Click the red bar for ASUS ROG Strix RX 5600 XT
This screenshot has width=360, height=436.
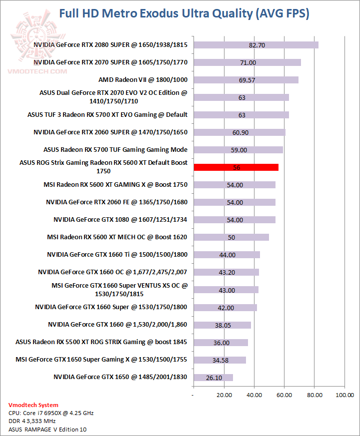tap(235, 167)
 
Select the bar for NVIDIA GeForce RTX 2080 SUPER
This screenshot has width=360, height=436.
tap(255, 45)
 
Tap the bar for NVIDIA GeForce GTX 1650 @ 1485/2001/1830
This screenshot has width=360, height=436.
tap(213, 377)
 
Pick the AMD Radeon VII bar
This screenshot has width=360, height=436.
tap(245, 80)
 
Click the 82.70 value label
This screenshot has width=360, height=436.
tap(256, 45)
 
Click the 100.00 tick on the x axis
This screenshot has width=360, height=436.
tap(344, 396)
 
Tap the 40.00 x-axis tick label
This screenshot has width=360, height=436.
tap(254, 396)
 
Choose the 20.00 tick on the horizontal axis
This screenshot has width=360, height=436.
tap(224, 396)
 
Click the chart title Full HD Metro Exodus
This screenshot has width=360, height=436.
tap(183, 13)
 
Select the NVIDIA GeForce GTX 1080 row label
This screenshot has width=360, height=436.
tap(120, 220)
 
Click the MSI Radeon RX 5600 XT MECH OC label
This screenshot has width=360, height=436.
tap(117, 237)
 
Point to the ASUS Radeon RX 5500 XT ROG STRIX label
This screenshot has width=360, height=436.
tap(101, 342)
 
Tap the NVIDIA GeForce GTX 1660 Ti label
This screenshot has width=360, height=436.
tap(117, 255)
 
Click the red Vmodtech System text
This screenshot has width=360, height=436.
tap(33, 405)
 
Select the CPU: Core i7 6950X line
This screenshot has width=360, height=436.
tap(51, 413)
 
